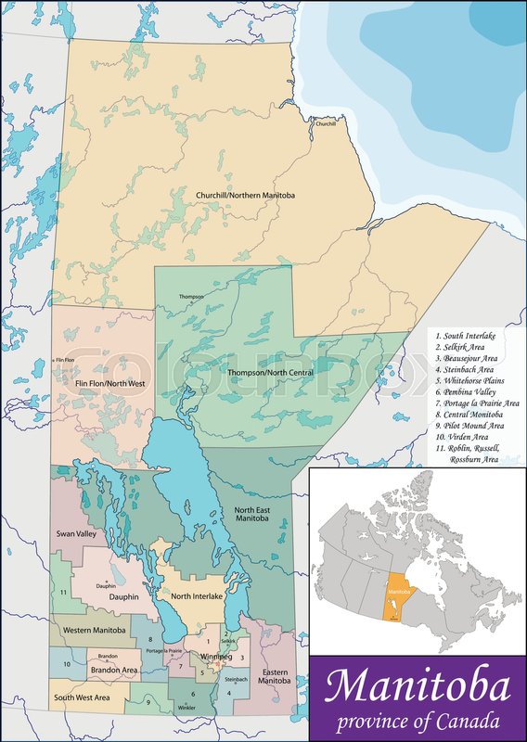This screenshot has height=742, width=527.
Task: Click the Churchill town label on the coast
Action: click(325, 123)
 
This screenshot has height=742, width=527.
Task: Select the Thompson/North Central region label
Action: click(270, 372)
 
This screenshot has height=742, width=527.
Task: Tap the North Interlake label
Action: click(192, 596)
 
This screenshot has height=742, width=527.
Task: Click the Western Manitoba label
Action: click(95, 631)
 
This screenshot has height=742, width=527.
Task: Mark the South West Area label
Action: click(82, 697)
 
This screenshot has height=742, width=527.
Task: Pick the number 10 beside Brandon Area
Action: click(67, 664)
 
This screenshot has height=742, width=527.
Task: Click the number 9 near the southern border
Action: click(148, 702)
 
